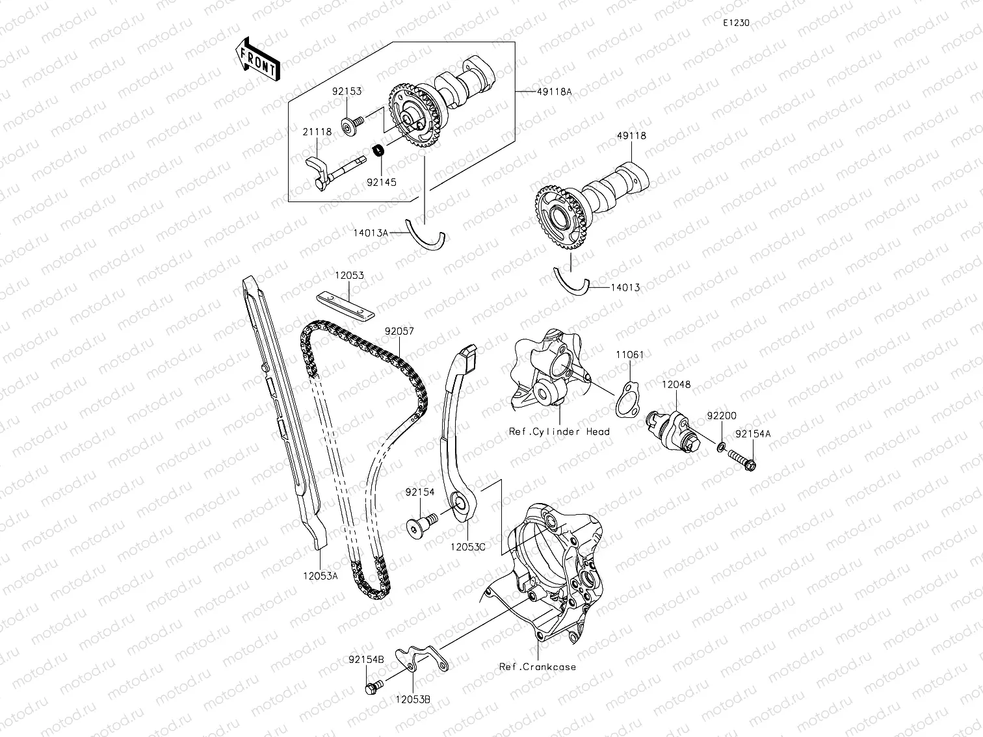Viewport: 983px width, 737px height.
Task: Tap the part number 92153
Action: (348, 92)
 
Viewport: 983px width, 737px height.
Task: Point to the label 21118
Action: (317, 132)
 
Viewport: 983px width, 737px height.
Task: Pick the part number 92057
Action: (399, 331)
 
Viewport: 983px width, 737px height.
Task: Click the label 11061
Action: (630, 355)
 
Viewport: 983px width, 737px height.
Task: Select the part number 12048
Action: (676, 385)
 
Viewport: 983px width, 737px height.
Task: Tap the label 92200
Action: (722, 416)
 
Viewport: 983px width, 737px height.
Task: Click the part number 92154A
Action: (753, 433)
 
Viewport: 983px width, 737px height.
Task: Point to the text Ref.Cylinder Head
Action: (559, 432)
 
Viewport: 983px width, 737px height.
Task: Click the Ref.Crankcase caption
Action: (538, 667)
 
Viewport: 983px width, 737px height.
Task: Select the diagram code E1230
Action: (736, 23)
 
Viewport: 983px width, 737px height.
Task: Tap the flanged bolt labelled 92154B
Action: (373, 686)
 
